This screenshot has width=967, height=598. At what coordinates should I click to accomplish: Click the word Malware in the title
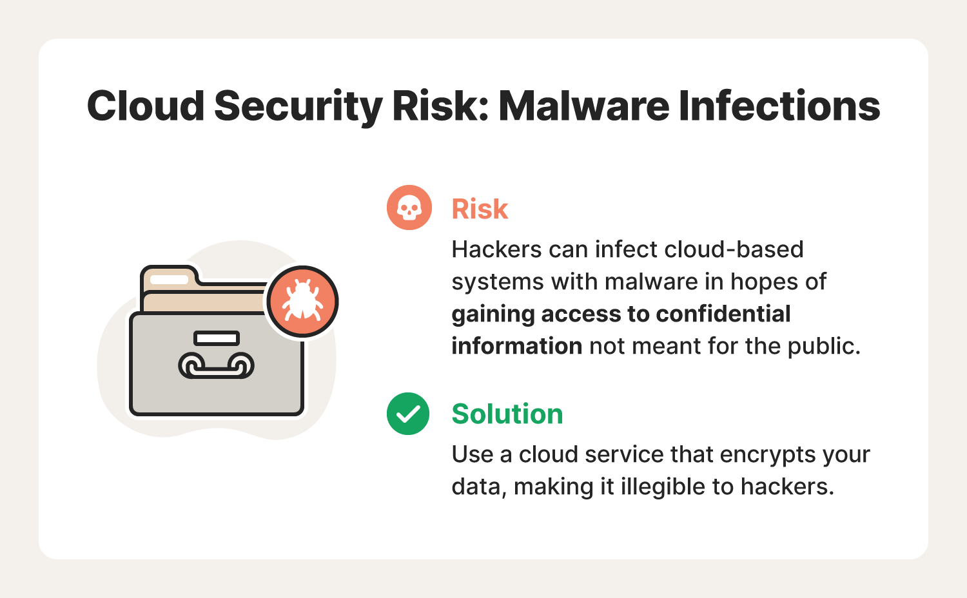coord(584,106)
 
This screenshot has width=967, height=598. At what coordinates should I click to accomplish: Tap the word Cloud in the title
coord(146,106)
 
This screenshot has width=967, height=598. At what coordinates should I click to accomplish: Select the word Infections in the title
coord(779,106)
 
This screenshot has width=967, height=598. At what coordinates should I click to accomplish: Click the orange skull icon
coord(409,207)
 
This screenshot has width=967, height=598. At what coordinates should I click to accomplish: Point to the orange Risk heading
coord(480,209)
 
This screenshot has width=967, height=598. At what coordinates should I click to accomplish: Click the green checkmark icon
coord(408,414)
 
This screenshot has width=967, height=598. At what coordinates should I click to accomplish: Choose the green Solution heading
coord(507,414)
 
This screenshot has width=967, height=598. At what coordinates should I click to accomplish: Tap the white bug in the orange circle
coord(302,300)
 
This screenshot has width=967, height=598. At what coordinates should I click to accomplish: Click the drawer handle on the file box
coord(216,365)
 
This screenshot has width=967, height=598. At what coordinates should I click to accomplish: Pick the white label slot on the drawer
coord(216,338)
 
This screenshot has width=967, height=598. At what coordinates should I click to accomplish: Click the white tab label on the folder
coord(169,279)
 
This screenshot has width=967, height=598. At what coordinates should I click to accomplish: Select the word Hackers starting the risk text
coord(496,249)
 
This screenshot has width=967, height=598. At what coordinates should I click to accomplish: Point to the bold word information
coord(517,346)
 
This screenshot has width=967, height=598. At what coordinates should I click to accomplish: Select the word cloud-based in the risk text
coord(734,249)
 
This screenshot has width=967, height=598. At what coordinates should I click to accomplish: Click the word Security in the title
coord(298,107)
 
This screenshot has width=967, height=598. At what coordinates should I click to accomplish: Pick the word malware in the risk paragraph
coord(651,282)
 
